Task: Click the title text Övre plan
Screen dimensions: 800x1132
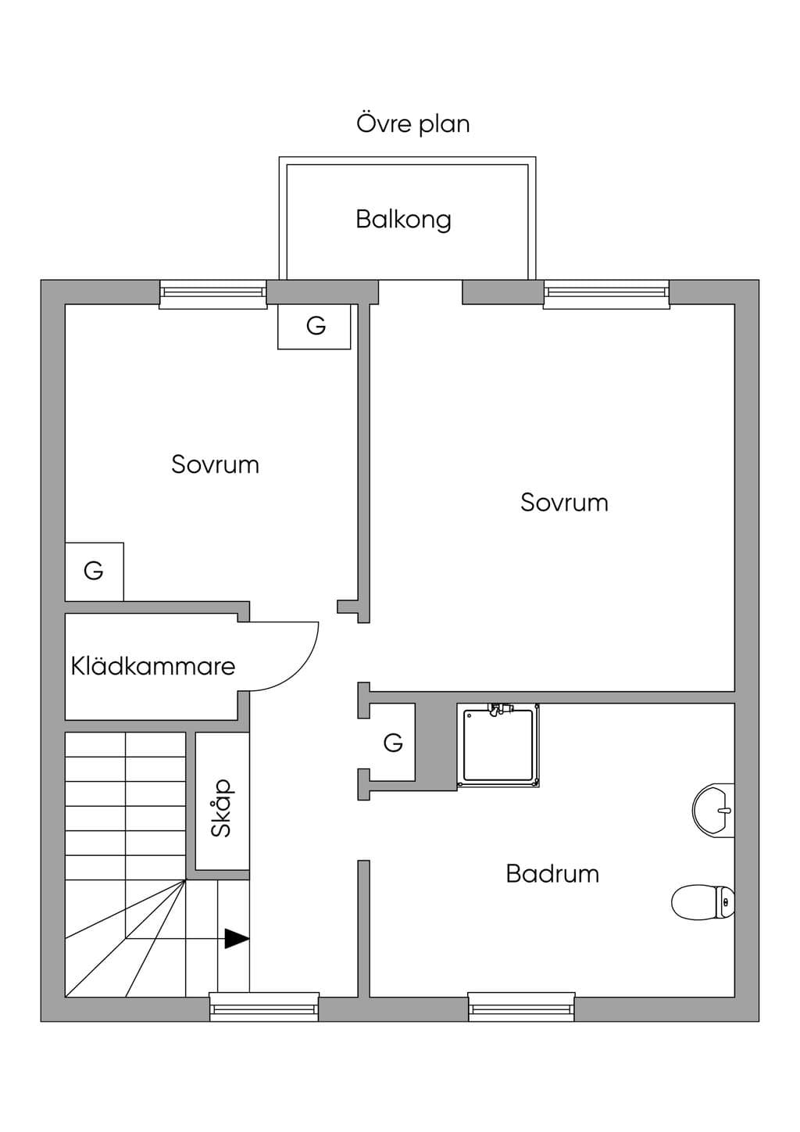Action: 413,124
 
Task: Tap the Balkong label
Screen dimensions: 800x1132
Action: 404,220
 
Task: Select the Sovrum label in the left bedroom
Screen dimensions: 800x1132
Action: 215,464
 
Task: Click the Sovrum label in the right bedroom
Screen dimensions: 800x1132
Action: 564,503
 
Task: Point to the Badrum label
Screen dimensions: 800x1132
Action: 552,874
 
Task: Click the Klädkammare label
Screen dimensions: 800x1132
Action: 153,665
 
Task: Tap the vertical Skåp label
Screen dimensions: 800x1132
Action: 222,808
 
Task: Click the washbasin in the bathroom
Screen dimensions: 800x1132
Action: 713,811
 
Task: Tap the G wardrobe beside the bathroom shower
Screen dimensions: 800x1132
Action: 392,743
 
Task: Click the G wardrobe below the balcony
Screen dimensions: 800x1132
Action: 314,326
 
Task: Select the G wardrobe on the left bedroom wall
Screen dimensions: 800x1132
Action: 95,571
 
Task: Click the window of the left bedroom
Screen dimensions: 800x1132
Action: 212,294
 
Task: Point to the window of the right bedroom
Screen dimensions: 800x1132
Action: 606,294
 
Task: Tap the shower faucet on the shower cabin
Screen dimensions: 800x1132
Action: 500,708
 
